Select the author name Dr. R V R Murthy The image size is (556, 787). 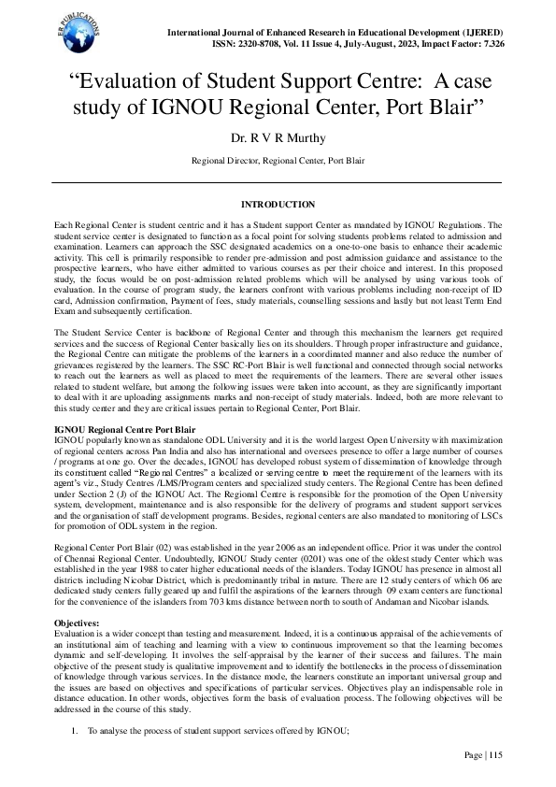278,138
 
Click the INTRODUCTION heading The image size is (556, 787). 278,204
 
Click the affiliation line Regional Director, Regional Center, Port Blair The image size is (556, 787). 278,161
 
